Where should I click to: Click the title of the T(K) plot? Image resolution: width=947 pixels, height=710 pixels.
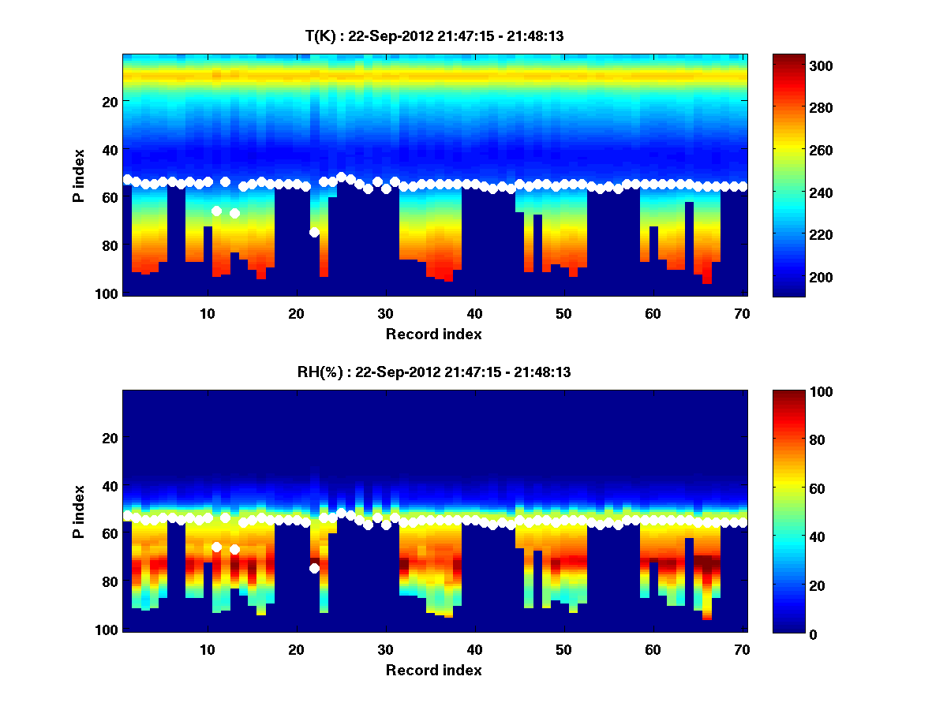pos(434,35)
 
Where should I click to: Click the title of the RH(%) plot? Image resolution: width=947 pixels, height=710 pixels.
pos(434,372)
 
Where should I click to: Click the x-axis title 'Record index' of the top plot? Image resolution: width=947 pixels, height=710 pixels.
pos(434,334)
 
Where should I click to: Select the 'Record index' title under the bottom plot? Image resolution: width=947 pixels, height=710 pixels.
pos(434,670)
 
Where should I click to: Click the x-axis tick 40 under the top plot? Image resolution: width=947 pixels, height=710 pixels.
pos(474,312)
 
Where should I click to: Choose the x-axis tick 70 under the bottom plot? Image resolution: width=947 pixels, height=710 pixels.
pos(742,648)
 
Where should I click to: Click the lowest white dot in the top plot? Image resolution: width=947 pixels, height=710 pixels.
pos(314,232)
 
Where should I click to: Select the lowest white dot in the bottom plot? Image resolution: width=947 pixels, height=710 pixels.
pos(314,568)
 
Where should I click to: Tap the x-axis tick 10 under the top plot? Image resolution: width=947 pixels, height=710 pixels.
pos(207,312)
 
